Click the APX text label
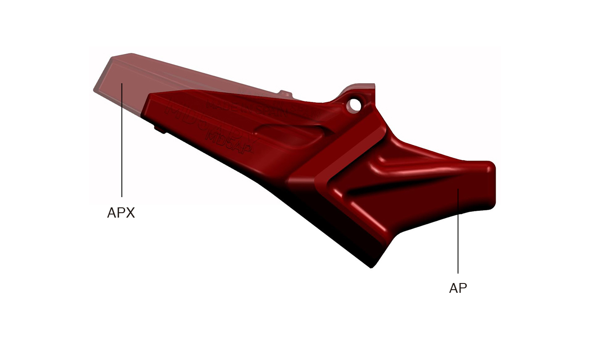pos(121,213)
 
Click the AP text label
pos(458,288)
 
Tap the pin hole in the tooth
pos(355,105)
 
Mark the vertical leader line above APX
pos(122,142)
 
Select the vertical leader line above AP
pos(458,231)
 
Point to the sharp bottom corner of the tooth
pos(371,267)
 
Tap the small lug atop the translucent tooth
pos(285,93)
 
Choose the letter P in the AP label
pos(463,288)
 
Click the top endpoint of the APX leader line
pos(122,83)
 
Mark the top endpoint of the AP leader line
pos(458,190)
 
